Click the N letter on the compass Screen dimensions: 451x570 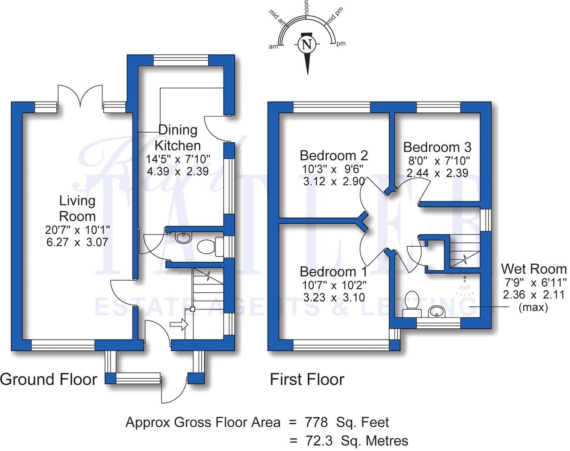coord(307,44)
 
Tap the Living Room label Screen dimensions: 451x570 coord(77,208)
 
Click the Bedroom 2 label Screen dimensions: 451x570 coord(334,155)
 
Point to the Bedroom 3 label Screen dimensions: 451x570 coord(437,147)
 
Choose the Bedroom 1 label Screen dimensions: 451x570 coord(333,272)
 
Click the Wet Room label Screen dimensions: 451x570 coord(533,269)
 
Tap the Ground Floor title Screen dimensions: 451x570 coord(49,379)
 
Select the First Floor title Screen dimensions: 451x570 coord(307,379)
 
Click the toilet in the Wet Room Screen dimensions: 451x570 coord(411,302)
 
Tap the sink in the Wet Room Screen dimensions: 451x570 coord(436,311)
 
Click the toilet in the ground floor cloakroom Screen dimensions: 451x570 coord(208,248)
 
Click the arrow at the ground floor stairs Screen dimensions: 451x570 coord(178,324)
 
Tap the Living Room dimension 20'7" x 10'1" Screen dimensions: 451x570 coord(77,229)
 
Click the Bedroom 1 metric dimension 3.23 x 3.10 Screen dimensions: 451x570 coord(334,297)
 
